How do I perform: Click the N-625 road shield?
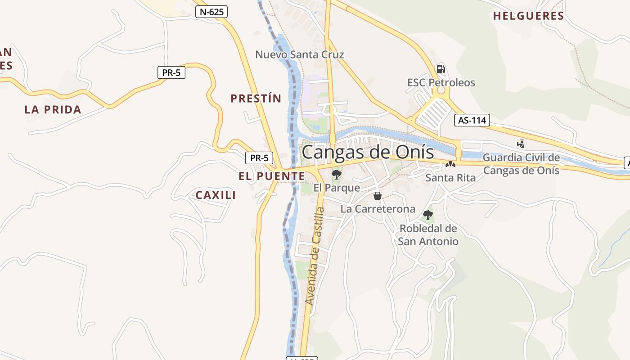pyautogui.click(x=211, y=12)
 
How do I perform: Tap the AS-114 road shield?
pyautogui.click(x=472, y=120)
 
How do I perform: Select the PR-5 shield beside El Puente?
pyautogui.click(x=259, y=158)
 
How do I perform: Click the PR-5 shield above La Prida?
pyautogui.click(x=171, y=72)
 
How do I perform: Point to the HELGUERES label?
pyautogui.click(x=528, y=16)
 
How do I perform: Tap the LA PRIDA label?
pyautogui.click(x=53, y=109)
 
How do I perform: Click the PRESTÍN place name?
pyautogui.click(x=256, y=99)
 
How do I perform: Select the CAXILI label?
pyautogui.click(x=216, y=195)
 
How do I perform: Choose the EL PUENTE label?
pyautogui.click(x=272, y=176)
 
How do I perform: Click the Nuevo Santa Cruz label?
pyautogui.click(x=300, y=55)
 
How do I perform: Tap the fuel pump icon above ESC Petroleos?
pyautogui.click(x=441, y=69)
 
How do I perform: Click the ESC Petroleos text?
pyautogui.click(x=441, y=83)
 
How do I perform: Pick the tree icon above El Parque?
pyautogui.click(x=336, y=175)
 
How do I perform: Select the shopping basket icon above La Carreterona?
pyautogui.click(x=378, y=196)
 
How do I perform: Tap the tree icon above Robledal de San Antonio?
pyautogui.click(x=428, y=215)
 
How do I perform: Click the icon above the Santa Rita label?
pyautogui.click(x=450, y=165)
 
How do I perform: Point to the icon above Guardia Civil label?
pyautogui.click(x=521, y=144)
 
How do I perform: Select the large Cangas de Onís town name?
pyautogui.click(x=368, y=152)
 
